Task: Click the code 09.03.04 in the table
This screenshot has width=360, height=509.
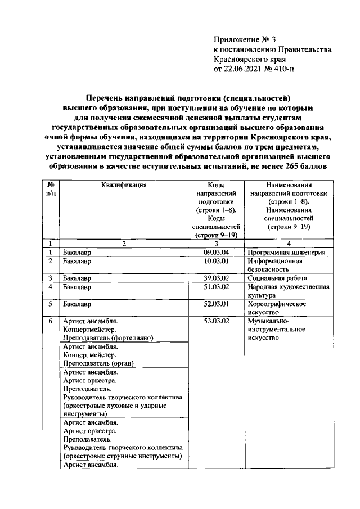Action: coord(217,253)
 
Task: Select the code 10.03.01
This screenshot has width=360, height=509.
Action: coord(217,261)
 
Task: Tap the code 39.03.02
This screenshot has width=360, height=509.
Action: coord(217,278)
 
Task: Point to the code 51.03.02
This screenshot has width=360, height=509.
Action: coord(217,287)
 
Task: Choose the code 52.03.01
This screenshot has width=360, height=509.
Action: coord(217,304)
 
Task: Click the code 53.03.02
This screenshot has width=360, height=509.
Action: coord(217,321)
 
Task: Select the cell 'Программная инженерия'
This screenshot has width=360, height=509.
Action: coord(287,253)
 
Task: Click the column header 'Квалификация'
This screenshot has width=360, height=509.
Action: coord(124,184)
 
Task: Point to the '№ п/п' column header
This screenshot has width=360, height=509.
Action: coord(51,188)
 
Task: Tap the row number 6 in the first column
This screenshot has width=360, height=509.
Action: coord(51,321)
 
